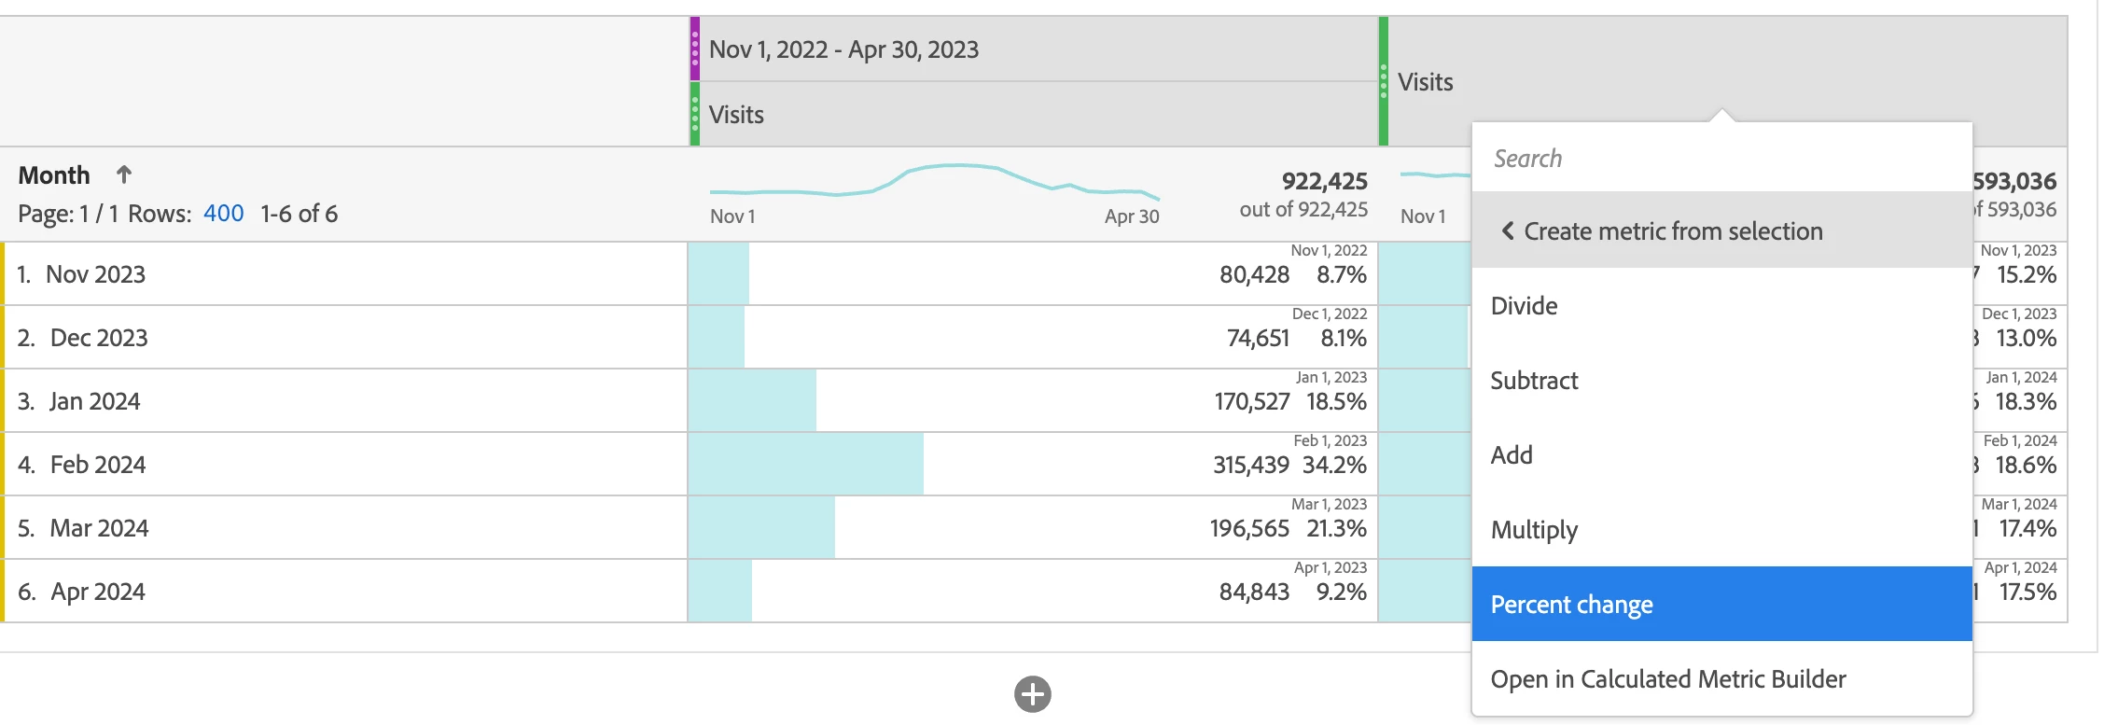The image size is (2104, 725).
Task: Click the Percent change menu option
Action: click(x=1571, y=605)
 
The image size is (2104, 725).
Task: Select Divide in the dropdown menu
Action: click(x=1524, y=306)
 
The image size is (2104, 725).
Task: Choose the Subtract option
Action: click(x=1534, y=381)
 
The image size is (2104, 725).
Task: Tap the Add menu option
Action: click(x=1512, y=455)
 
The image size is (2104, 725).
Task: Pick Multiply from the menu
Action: click(x=1534, y=530)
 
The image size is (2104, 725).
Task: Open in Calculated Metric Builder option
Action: click(x=1667, y=679)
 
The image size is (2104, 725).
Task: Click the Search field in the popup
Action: click(x=1721, y=159)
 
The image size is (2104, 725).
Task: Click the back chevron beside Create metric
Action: click(x=1507, y=230)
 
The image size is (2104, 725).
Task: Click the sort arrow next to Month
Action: click(x=123, y=174)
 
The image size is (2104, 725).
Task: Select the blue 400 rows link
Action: click(x=223, y=214)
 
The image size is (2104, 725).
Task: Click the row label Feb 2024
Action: click(x=97, y=465)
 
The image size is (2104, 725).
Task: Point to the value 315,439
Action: click(x=1250, y=465)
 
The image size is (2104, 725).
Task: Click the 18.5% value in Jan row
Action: click(x=1336, y=402)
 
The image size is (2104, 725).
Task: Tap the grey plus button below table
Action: click(x=1032, y=694)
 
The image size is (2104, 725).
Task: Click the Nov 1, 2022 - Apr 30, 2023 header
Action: click(x=843, y=49)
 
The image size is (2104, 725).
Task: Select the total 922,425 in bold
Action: click(x=1324, y=181)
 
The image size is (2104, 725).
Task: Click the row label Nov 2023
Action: click(x=95, y=274)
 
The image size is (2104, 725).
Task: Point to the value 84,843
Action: click(x=1254, y=592)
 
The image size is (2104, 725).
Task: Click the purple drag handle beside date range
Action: click(x=695, y=49)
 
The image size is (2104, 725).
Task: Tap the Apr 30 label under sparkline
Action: click(x=1131, y=216)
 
